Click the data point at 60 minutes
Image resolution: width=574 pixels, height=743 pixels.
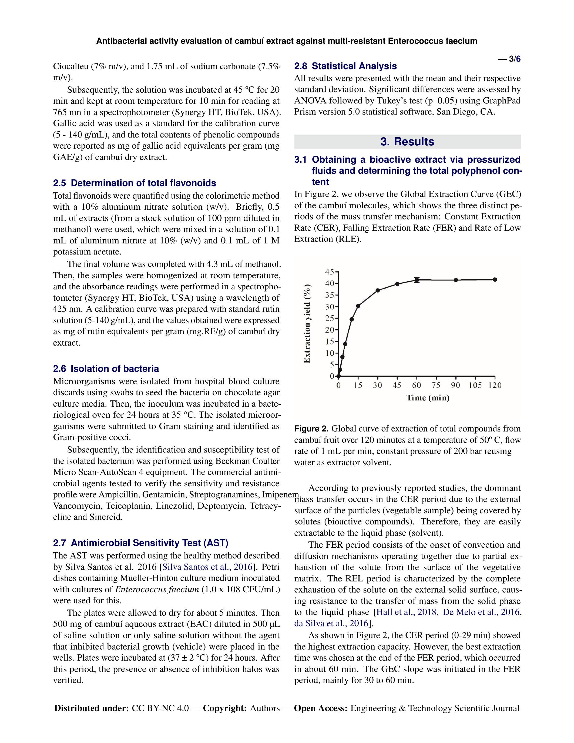tap(417, 280)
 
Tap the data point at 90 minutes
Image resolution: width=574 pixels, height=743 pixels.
tap(456, 280)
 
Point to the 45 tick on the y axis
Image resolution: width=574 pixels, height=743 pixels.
tap(330, 272)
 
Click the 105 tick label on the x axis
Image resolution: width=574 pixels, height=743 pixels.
tap(475, 386)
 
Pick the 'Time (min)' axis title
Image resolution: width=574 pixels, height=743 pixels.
tap(428, 398)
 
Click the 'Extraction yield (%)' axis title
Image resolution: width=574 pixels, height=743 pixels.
tap(307, 323)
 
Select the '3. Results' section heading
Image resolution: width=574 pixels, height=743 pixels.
tap(407, 142)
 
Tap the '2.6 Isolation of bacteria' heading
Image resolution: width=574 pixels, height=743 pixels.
tap(106, 369)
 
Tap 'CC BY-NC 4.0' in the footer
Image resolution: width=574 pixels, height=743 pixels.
tap(160, 708)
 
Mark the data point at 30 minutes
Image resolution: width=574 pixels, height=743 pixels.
tap(377, 290)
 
